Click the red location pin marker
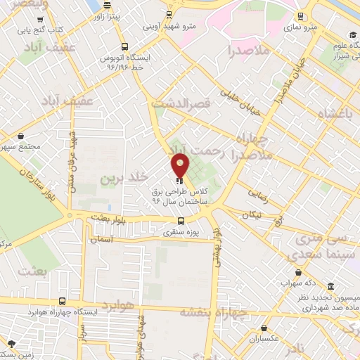click(180, 166)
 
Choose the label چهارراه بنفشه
click(211, 313)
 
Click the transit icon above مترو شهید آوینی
click(168, 15)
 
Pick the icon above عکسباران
click(263, 328)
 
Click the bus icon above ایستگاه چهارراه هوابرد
click(63, 300)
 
